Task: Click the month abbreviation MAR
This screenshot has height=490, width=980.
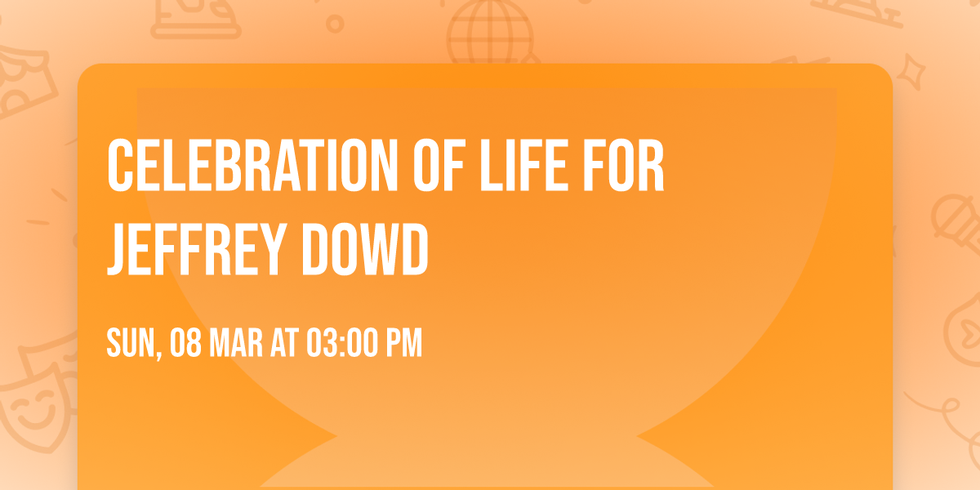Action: coord(235,344)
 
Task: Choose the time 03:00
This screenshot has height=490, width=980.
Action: coord(341,344)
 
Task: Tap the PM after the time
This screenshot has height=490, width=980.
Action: coord(403,344)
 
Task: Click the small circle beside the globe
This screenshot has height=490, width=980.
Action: coord(335,24)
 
